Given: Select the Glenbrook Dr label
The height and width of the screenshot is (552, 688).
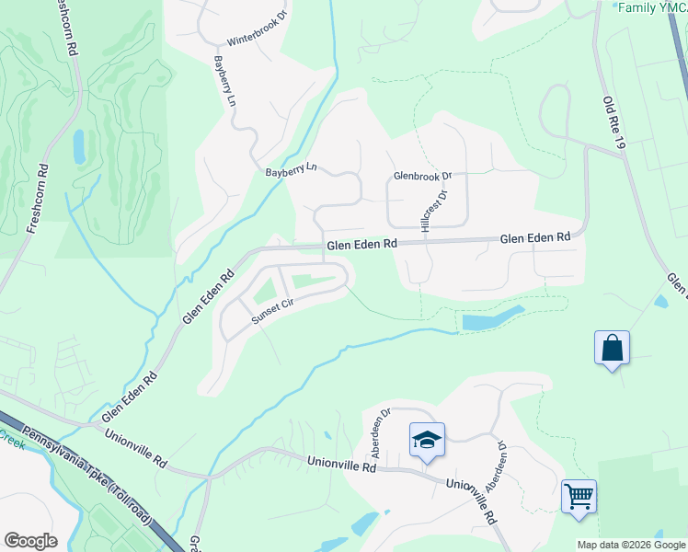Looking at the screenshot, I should point(423,175).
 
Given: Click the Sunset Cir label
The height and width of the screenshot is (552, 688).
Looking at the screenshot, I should point(278,311).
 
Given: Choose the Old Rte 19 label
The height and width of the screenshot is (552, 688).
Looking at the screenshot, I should point(614,124).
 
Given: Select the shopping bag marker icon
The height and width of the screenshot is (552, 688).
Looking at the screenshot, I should point(612,349).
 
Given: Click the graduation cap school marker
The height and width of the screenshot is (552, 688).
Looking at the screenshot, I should point(427,441).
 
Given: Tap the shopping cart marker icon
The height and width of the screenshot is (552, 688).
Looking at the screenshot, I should point(579,497).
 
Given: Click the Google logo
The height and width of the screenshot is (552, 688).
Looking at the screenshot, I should point(30,541).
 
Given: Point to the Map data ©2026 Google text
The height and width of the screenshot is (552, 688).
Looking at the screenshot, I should point(630,545).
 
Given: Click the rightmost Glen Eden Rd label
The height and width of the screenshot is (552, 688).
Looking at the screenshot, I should point(535,237).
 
